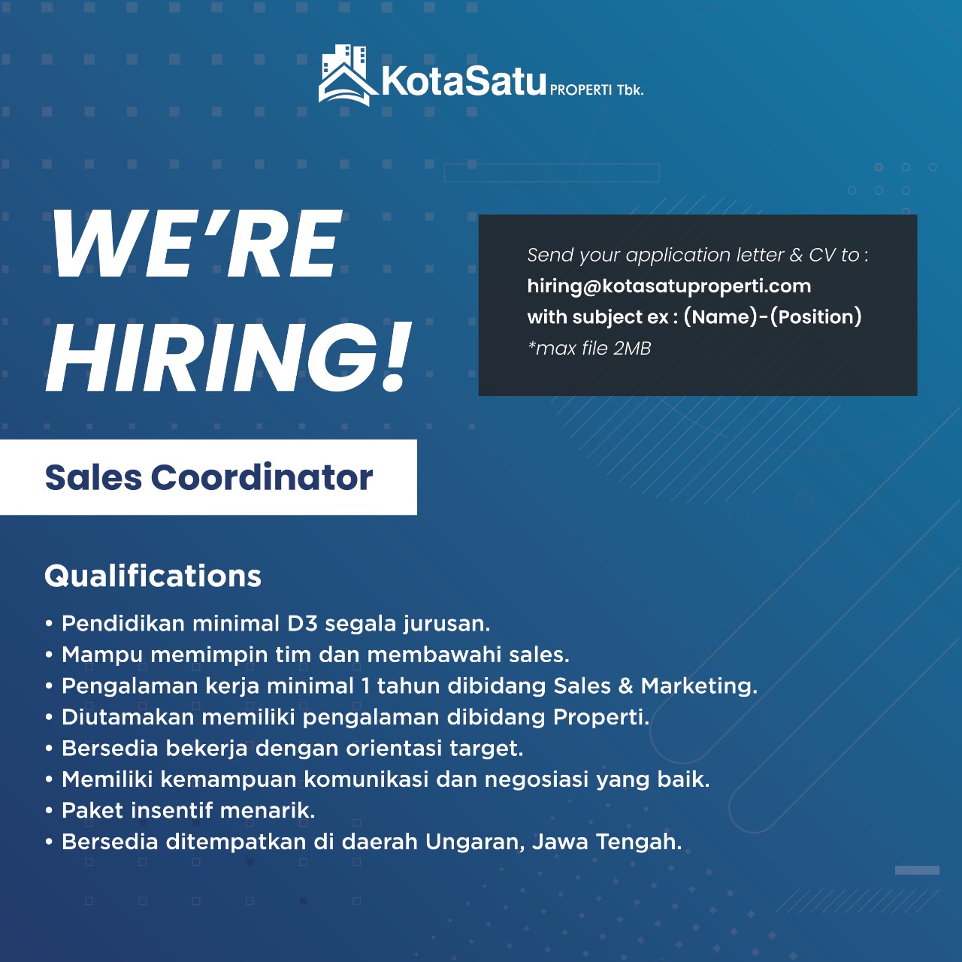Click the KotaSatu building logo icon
coord(347,75)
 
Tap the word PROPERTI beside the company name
coord(581,90)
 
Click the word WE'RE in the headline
coord(196,244)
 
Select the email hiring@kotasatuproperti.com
coord(669,286)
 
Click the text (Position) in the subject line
coord(815,317)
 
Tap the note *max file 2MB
coord(589,349)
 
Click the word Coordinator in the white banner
coord(262,477)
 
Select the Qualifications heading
coord(153,576)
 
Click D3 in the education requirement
coord(303,624)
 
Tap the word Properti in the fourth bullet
coord(600,718)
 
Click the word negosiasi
coord(537,780)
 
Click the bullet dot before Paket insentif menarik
coord(49,811)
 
